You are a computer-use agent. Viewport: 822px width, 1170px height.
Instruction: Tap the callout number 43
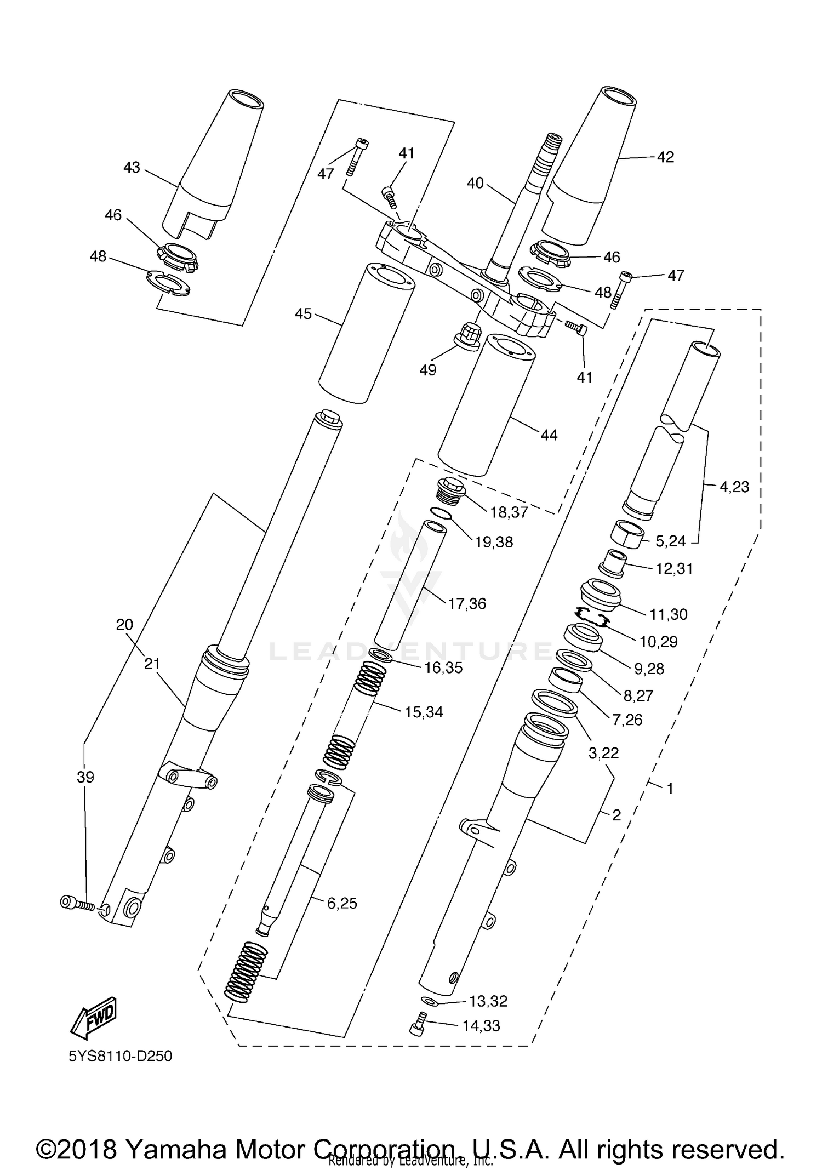click(x=132, y=167)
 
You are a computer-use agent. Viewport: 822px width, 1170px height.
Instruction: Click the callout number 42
click(x=665, y=157)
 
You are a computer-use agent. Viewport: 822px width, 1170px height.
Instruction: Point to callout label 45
click(x=303, y=314)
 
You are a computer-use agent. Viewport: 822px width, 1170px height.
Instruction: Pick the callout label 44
click(x=549, y=435)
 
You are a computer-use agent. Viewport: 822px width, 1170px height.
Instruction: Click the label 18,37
click(x=509, y=512)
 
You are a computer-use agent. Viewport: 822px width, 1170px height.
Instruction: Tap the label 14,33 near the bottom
click(x=481, y=1026)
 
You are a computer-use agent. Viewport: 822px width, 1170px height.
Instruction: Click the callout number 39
click(x=85, y=777)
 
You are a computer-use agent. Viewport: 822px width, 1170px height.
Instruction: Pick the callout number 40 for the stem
click(x=475, y=182)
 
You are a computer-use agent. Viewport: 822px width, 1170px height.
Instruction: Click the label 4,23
click(x=734, y=487)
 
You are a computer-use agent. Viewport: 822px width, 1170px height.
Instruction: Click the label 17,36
click(x=467, y=604)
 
